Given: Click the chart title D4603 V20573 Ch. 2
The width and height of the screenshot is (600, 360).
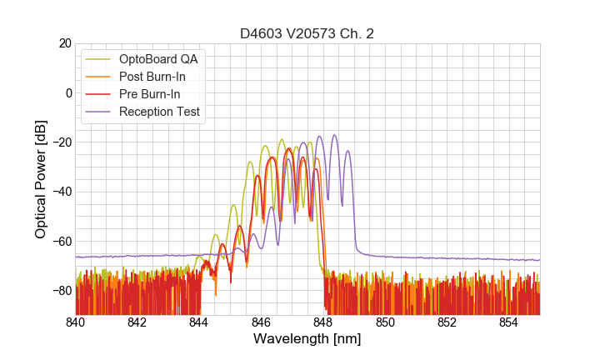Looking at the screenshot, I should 307,34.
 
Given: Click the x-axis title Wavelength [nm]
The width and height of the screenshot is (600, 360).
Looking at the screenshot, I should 307,340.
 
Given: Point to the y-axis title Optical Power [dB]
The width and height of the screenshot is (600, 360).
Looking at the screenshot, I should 41,179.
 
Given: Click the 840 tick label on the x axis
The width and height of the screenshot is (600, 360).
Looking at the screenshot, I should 76,322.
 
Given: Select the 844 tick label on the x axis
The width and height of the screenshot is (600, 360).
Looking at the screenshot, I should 199,322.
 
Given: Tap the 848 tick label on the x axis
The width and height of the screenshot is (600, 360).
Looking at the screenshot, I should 323,322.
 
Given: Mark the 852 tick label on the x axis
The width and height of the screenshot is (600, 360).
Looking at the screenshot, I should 447,322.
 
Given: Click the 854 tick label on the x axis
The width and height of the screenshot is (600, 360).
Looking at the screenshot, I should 509,322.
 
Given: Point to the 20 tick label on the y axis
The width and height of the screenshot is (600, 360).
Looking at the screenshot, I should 62,43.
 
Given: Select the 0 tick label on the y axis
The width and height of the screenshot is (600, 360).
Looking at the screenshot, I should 66,92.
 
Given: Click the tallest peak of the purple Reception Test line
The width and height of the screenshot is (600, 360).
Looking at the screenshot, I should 335,135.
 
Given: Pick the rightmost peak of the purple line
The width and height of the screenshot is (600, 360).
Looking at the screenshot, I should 347,151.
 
